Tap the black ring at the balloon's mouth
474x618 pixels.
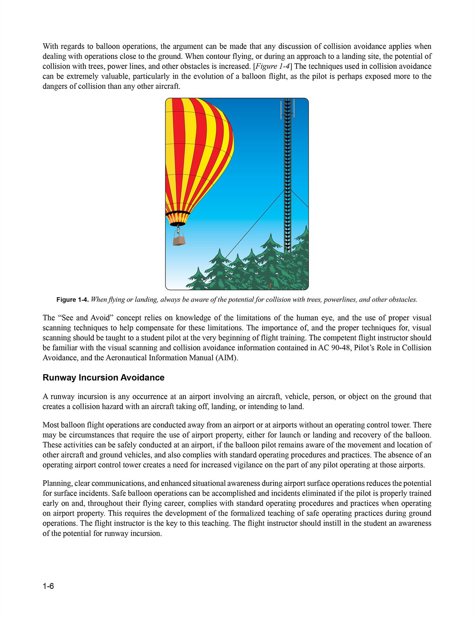pos(177,213)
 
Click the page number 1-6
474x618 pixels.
pos(48,586)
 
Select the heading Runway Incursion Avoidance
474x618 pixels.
pos(103,378)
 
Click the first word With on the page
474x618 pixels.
pos(50,47)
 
